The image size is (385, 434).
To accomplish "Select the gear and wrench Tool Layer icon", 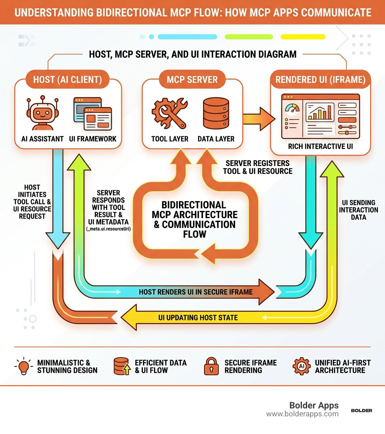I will point(169,112).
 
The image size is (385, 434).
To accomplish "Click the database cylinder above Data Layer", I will point(216,112).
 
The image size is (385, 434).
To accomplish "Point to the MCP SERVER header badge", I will point(192,80).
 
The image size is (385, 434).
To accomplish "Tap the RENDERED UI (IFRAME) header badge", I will point(320,80).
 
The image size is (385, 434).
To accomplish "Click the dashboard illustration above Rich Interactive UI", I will point(320,115).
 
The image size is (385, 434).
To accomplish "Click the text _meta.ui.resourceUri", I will point(108,228).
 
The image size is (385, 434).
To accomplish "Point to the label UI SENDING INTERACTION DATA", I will point(358,210).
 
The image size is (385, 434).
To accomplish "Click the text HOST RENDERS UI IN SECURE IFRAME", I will point(196,292).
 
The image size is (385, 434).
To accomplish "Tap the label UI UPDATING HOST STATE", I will point(198,317).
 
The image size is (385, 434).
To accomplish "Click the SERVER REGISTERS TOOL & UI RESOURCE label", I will point(258,167).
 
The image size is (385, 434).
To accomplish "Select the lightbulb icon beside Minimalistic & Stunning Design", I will point(24,366).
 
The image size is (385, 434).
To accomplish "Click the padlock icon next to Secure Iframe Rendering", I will point(211,366).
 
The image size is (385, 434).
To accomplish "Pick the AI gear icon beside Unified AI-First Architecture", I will point(302,366).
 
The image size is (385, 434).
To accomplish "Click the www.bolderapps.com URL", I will point(302,414).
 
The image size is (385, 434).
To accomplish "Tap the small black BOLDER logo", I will point(361,410).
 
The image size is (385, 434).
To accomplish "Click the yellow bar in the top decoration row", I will point(303,37).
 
